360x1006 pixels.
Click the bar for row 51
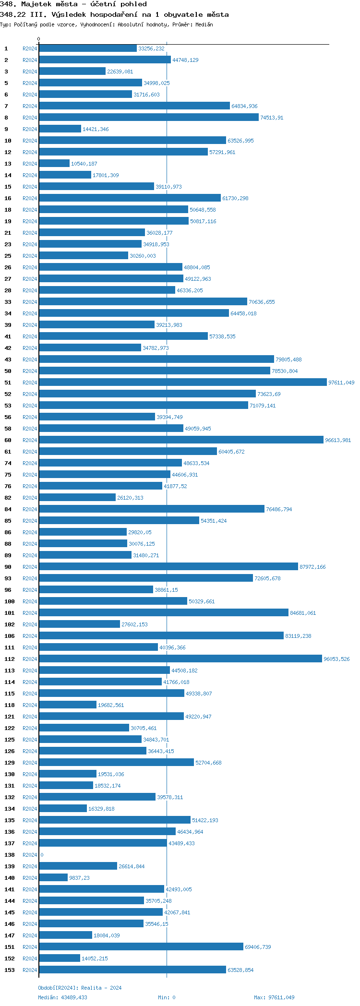click(x=182, y=382)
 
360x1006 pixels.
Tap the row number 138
click(x=10, y=855)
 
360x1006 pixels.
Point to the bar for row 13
click(x=54, y=163)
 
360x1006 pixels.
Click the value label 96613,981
click(x=338, y=440)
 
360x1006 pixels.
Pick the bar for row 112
click(x=180, y=659)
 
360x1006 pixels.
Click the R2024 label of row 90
click(x=30, y=567)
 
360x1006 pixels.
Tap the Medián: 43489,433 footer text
click(x=62, y=997)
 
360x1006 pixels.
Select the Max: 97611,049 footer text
click(x=274, y=997)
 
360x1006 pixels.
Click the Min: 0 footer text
click(x=167, y=997)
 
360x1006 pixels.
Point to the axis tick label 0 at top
click(x=39, y=39)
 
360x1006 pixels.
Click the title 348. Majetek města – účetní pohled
click(x=73, y=4)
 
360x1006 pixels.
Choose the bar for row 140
click(x=53, y=877)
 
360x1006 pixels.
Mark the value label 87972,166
click(x=312, y=567)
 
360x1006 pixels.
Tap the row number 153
click(x=10, y=970)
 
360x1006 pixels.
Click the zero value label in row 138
click(x=42, y=855)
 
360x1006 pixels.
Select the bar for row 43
click(x=156, y=359)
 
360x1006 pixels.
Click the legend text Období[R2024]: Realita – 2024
click(x=80, y=988)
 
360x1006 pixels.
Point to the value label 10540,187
click(x=84, y=164)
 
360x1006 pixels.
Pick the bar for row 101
click(x=164, y=612)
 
